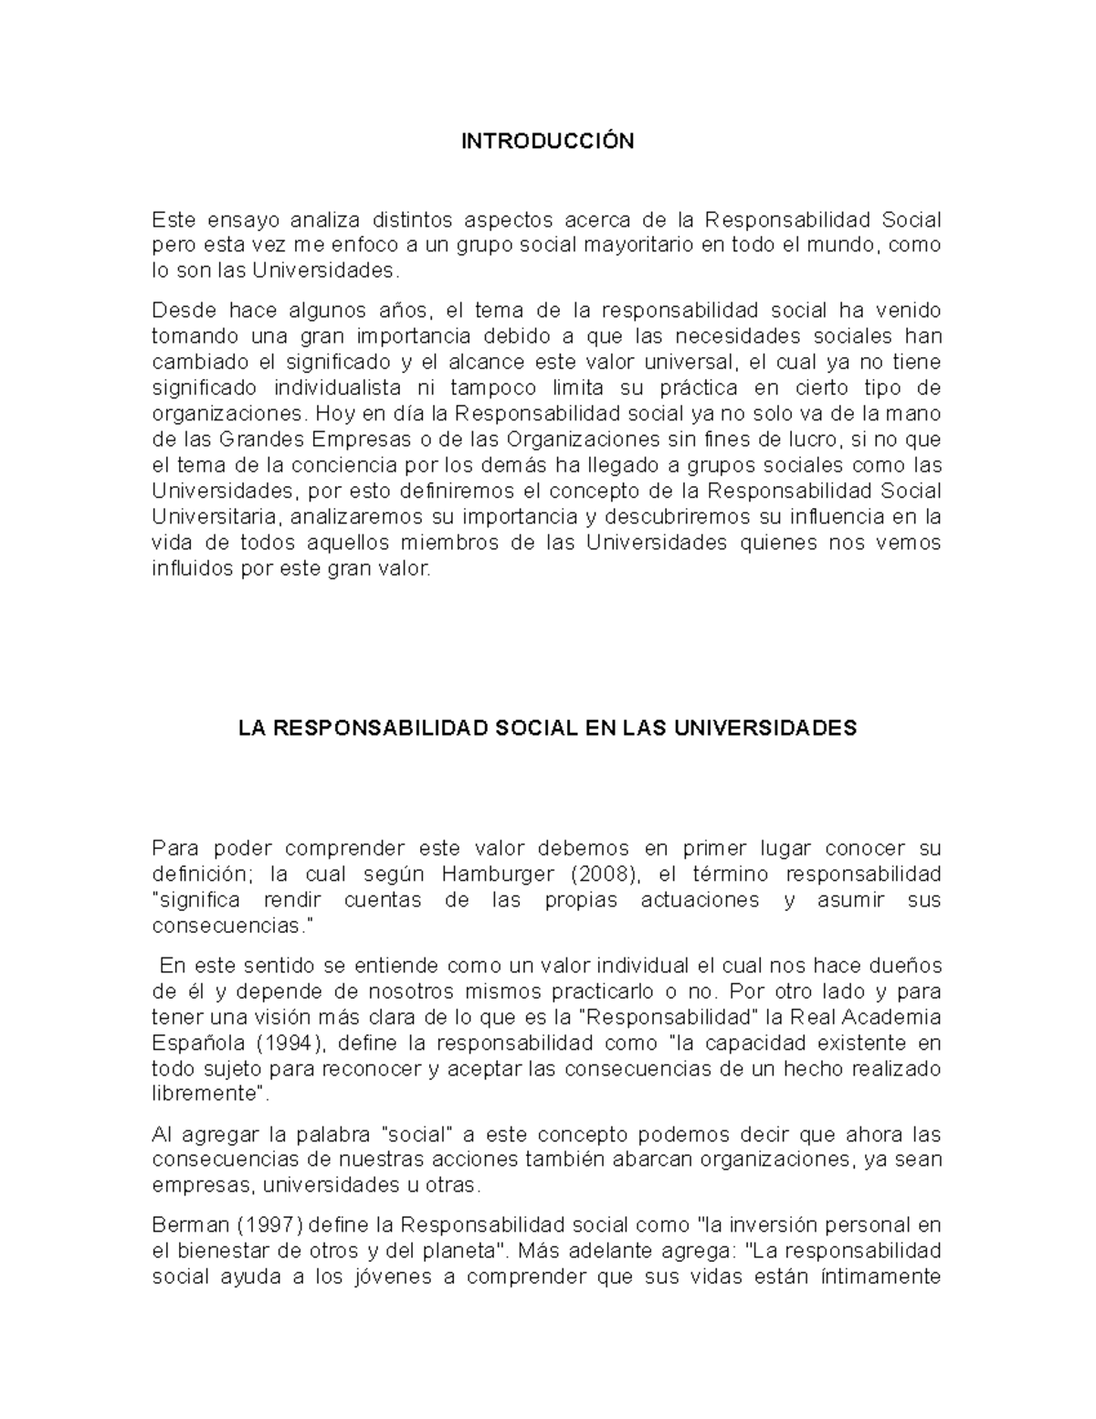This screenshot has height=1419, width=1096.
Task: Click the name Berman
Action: [x=186, y=1223]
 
